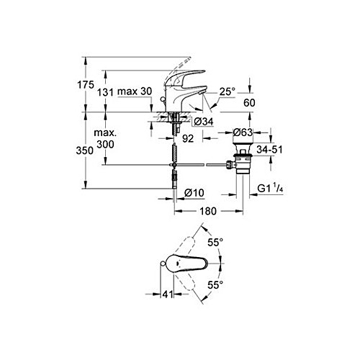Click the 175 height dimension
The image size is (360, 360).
pos(86,85)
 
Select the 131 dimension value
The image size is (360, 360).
pos(105,92)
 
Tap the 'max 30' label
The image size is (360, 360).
pos(135,91)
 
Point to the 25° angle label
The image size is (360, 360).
pos(227,91)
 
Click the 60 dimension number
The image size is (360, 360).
pos(249,103)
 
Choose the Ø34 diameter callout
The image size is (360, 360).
pos(203,122)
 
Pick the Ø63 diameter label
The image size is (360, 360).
pos(243,132)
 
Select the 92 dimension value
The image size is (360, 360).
pos(188,138)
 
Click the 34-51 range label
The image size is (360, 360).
pos(269,150)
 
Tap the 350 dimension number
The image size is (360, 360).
pos(84,150)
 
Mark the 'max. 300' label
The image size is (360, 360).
pos(105,138)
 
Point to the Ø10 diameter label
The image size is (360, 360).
pos(194,192)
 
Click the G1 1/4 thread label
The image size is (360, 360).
pos(270,189)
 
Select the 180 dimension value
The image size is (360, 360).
pos(208,211)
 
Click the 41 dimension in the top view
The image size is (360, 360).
pos(168,294)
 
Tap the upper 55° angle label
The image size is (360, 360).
pos(215,242)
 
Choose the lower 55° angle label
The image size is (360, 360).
pos(215,285)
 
